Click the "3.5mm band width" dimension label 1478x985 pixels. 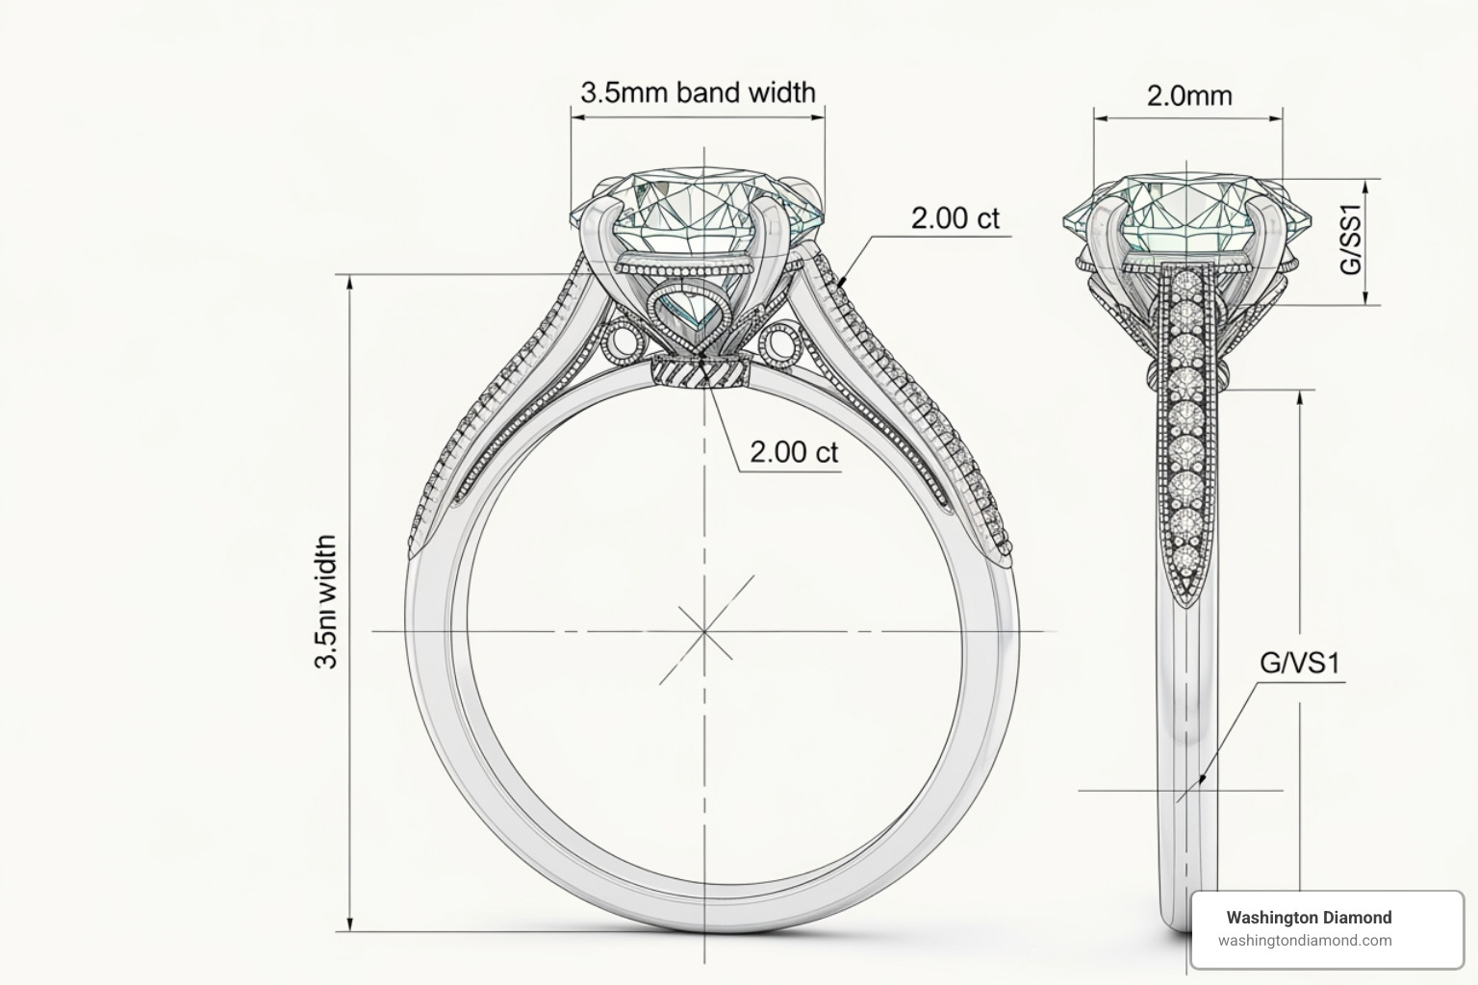(698, 92)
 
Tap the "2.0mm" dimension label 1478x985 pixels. (1188, 95)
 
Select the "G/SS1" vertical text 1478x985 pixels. (1353, 242)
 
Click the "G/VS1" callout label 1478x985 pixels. (1299, 663)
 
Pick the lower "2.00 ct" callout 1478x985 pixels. (794, 451)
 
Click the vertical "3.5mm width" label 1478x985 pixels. (326, 601)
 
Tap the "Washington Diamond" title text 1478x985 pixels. (1309, 917)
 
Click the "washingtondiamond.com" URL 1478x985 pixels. (1305, 941)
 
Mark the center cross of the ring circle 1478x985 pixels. (704, 631)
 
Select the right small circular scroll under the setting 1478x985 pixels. (780, 342)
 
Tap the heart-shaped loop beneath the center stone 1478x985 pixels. (695, 310)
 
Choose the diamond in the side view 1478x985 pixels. (1189, 215)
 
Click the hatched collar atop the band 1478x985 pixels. (703, 370)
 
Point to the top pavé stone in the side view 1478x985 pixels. (1188, 286)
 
